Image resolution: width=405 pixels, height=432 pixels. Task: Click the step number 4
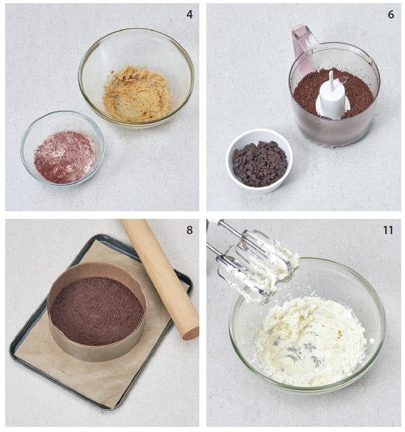[x=189, y=15]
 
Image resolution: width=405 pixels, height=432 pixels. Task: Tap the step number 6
[x=391, y=15]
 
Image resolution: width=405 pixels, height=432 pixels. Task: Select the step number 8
[x=189, y=230]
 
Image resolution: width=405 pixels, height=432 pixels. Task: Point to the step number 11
[x=388, y=230]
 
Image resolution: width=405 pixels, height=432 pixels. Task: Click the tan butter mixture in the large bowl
[x=137, y=93]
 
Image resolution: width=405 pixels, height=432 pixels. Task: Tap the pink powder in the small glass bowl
[x=64, y=157]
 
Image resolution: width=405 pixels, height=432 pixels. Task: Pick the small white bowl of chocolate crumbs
[x=259, y=160]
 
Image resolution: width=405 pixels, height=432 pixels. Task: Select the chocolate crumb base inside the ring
[x=97, y=310]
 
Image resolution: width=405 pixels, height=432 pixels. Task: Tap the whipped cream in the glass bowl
[x=309, y=339]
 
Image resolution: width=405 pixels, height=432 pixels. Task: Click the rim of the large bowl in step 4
[x=136, y=29]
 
